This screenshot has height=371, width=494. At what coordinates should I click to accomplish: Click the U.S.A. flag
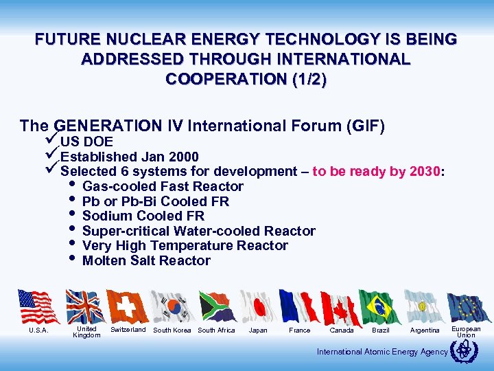[39, 306]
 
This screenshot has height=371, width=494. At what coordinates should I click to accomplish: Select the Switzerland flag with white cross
[128, 306]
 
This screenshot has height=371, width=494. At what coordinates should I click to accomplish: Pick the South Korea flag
[172, 306]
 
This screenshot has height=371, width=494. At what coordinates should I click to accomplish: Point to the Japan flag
[258, 306]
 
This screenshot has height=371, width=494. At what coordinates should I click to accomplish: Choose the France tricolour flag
[299, 306]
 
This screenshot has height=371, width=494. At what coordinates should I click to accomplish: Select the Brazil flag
[380, 306]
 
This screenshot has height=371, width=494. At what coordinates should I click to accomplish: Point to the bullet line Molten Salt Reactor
[145, 260]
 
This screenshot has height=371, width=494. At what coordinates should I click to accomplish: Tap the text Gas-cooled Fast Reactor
[162, 186]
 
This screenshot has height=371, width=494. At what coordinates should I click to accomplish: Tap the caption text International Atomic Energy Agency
[382, 352]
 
